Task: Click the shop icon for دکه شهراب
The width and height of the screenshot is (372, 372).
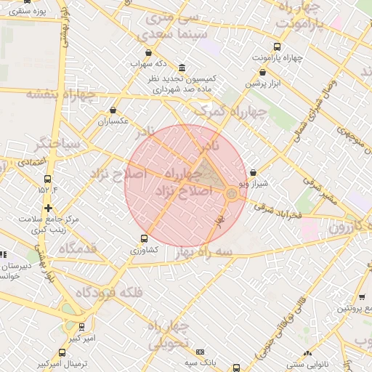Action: pos(149,52)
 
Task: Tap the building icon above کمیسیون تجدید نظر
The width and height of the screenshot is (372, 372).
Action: pos(182,66)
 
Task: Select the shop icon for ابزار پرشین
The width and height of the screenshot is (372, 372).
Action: pos(262,72)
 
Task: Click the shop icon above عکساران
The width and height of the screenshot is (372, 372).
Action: pos(113,110)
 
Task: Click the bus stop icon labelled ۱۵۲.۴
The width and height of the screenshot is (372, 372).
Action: pos(48,179)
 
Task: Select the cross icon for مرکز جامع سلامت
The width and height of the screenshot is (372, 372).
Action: pos(48,208)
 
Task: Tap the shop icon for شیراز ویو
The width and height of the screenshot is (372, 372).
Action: pos(253,173)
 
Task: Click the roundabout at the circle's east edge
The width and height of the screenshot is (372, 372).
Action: pos(232,193)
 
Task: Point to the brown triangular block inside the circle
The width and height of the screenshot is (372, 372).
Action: pos(209,174)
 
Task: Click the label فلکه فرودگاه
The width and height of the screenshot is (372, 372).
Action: pos(97,293)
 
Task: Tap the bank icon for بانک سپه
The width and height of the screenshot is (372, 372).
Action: pos(201,351)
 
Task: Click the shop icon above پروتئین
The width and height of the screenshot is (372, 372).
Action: pos(361,296)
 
